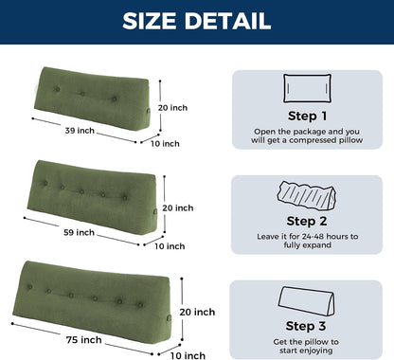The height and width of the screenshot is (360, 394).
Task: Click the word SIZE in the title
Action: coord(149,21)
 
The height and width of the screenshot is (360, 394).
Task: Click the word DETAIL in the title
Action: coord(227,21)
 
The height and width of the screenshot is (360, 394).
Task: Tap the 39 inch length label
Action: coord(80,131)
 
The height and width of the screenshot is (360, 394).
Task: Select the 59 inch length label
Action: coord(79,232)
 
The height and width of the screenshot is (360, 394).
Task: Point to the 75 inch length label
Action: coord(84,340)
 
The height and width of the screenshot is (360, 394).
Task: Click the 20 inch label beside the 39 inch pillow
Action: coord(172,108)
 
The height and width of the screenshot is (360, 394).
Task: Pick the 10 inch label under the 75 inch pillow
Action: coord(188,355)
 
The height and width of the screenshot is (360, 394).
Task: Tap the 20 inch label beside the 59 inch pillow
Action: coord(178,207)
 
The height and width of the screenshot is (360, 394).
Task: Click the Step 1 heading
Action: coord(307,116)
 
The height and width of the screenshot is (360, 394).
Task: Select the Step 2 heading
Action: coord(307,221)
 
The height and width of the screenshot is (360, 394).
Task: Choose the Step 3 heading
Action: coord(306,326)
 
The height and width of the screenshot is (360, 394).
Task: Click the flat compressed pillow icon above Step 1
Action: coord(307,88)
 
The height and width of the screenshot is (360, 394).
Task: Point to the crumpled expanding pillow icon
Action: coord(307,196)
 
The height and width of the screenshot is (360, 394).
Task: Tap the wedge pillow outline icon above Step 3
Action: coord(306,301)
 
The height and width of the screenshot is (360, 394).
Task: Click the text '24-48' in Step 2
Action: coord(313,237)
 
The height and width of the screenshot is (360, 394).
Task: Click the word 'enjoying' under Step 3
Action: coord(315,351)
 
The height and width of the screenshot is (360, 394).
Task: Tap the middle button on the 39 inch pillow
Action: coord(82,94)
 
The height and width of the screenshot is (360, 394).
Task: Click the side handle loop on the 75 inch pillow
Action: coord(169,317)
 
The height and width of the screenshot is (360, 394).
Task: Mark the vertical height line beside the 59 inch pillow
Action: coord(164,205)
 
